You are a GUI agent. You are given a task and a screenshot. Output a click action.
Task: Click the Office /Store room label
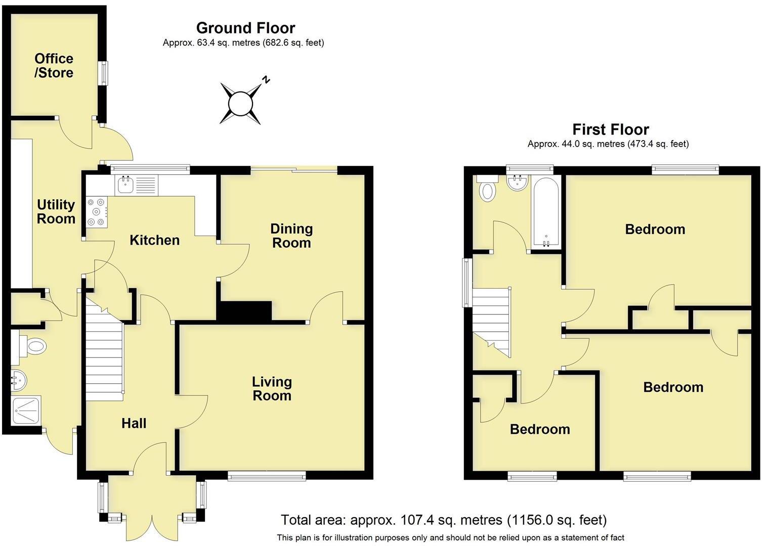coord(54,66)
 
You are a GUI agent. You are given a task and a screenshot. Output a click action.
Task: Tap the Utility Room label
coord(56,212)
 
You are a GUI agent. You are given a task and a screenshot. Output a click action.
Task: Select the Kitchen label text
coord(154,240)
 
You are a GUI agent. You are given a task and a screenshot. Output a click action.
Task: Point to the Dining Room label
coord(291,236)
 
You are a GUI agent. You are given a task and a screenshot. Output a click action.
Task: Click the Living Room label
coord(272,389)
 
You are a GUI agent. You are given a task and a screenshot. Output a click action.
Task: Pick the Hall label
coord(134,423)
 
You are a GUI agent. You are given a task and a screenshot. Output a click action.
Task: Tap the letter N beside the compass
coord(266,80)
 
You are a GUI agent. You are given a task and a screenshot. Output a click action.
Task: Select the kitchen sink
coord(124,185)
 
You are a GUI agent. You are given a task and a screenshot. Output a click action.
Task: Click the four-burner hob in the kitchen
coord(96,211)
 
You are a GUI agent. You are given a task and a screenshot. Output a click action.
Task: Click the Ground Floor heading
coord(245,28)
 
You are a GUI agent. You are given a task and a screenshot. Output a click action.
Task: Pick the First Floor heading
coord(610,129)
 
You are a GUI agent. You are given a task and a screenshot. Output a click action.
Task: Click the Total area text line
coord(443,520)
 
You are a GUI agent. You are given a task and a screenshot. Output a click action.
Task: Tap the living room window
coord(267,475)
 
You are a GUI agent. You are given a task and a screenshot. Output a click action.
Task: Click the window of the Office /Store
coord(103,73)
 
